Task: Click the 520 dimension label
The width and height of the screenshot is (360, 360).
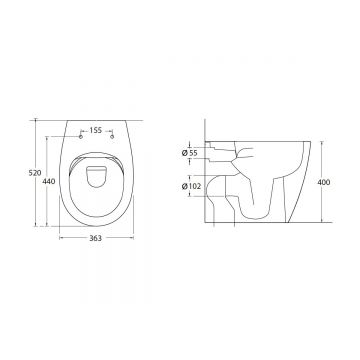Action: coord(35,173)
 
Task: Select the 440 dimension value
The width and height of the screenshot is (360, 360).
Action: coord(49,181)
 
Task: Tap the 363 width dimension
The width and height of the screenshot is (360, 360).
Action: coord(96,238)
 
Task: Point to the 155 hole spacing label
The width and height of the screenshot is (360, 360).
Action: coord(96,130)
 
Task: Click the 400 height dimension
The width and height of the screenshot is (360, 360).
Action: coord(324,182)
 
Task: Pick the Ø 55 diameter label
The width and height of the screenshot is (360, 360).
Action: coord(190,153)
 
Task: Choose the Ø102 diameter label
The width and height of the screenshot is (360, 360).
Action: coord(191,186)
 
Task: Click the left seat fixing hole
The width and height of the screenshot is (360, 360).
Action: coord(80,136)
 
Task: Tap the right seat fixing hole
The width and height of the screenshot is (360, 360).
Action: coord(112,136)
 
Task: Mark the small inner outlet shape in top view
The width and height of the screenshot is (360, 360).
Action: coord(96,176)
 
